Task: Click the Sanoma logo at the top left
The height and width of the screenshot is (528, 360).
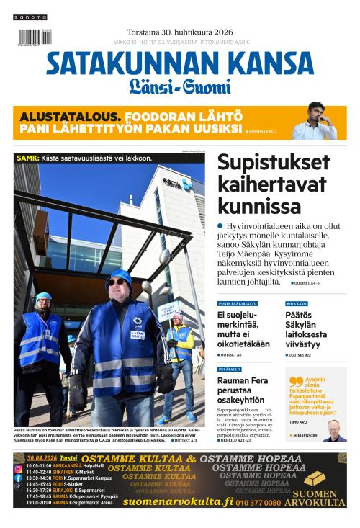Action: coord(32,17)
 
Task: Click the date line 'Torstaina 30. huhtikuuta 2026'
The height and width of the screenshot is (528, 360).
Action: coord(179,32)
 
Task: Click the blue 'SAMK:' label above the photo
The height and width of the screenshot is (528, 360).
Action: coord(28,158)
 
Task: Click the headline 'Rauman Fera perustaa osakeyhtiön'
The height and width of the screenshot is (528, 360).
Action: coord(244,389)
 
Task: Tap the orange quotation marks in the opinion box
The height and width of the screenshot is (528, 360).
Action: coord(295,382)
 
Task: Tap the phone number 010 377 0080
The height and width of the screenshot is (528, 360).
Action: coord(257,502)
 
